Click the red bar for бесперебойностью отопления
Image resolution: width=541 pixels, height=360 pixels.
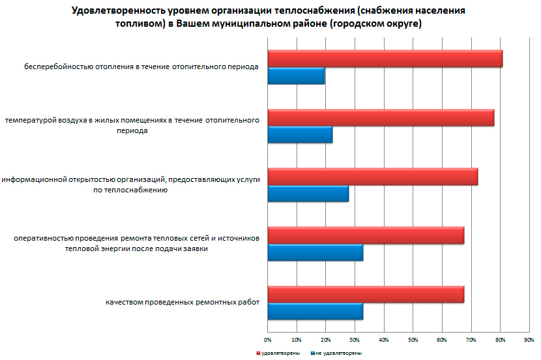385,59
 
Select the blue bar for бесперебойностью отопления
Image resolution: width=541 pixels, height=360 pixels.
296,76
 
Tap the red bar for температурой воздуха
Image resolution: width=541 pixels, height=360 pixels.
381,117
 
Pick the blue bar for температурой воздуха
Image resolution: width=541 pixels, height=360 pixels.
300,135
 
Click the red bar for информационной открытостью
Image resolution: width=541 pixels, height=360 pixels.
372,177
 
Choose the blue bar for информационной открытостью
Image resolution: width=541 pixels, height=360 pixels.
308,194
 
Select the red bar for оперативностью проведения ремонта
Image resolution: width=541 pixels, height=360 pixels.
366,235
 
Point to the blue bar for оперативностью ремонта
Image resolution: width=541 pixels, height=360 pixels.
315,253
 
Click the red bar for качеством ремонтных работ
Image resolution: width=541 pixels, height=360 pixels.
366,295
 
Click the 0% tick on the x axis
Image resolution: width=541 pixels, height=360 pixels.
267,340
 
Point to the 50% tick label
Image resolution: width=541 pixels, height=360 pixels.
413,340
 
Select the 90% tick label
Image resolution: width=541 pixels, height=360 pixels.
529,340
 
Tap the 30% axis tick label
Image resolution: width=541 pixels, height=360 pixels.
355,340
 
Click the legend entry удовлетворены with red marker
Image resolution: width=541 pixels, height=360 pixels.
276,353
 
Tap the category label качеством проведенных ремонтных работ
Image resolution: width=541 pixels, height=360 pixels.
183,302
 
